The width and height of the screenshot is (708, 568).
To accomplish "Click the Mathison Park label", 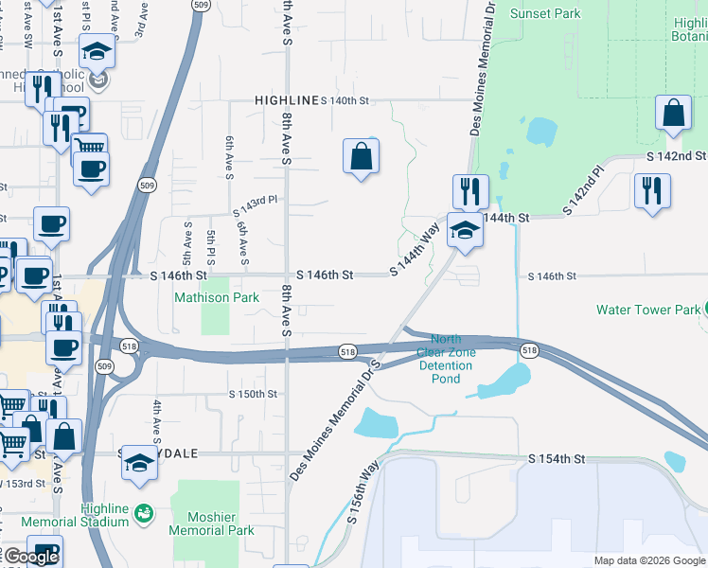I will pos(216,297).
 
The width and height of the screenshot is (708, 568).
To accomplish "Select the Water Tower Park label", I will pos(648,310).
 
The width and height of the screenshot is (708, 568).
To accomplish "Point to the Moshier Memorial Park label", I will pos(211,524).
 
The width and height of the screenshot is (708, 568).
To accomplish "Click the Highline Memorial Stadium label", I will pos(104,515).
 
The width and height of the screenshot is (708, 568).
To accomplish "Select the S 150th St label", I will pos(254,394).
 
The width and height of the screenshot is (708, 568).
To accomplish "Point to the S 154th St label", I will pos(558,459).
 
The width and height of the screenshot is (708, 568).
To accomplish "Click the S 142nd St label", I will pos(676,156).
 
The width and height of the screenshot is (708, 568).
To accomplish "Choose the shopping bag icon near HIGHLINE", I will pos(362,155).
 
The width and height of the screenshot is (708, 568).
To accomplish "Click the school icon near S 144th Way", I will pos(465,230).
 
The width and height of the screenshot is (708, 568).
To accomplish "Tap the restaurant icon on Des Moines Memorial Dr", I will pos(470,189).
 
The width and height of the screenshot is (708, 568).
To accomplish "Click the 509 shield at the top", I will pos(199,5).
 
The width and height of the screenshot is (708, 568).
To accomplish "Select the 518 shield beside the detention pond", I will pos(528,351).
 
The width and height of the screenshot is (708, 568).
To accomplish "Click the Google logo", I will pos(31,557).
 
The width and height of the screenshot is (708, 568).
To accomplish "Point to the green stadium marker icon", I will pos(143,513).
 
